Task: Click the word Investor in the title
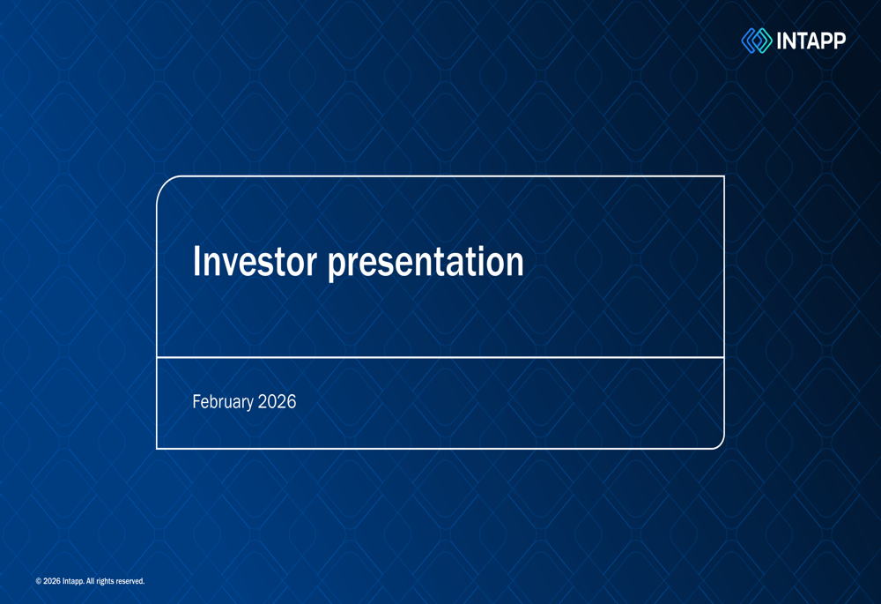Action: [255, 261]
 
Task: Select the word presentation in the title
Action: [426, 264]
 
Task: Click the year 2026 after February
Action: [277, 401]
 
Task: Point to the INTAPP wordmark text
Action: [811, 41]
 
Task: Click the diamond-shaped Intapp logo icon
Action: [757, 41]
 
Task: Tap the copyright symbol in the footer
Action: [38, 581]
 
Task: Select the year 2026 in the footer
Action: [52, 581]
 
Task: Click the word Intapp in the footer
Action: [73, 581]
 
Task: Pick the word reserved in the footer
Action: [130, 581]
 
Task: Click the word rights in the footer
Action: [105, 581]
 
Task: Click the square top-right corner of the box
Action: [723, 176]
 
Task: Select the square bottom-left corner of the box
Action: [157, 448]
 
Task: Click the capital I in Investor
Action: [196, 261]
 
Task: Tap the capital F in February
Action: [196, 401]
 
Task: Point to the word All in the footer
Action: [90, 581]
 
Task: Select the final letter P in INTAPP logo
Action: [839, 41]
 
